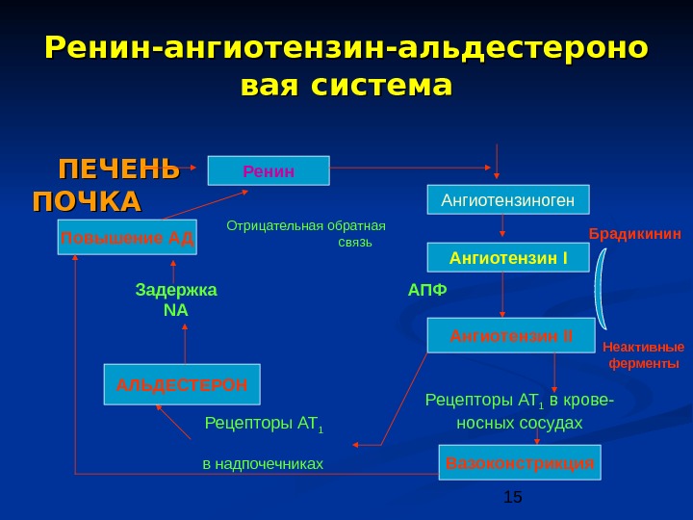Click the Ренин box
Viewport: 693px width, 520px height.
pos(269,170)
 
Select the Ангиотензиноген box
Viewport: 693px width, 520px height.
pos(507,200)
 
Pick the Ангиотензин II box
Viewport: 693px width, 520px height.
pos(510,335)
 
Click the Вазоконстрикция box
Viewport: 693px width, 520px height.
pos(520,462)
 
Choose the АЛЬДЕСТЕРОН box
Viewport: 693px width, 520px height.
pos(182,383)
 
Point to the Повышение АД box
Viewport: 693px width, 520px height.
pos(127,237)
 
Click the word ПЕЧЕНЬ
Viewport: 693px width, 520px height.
pos(119,169)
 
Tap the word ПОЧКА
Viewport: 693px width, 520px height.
pos(87,202)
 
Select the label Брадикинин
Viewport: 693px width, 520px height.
pos(634,234)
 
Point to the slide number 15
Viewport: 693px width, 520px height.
pos(512,497)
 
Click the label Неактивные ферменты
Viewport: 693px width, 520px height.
pos(643,355)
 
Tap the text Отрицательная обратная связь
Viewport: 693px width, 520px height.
pos(306,234)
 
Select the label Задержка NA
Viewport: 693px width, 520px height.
pos(176,299)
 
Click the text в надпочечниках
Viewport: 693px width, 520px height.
pos(262,464)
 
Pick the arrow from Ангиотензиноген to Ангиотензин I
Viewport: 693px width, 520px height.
pos(503,228)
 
